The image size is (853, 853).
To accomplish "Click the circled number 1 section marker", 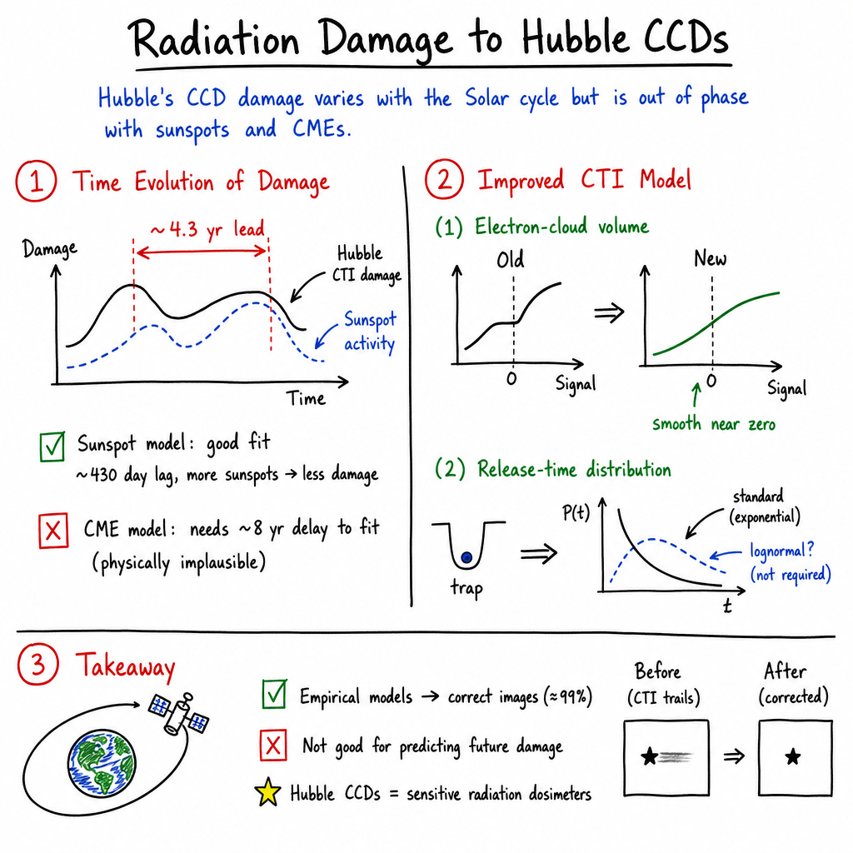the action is [x=36, y=181].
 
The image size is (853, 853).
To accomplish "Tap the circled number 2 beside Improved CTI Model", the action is [x=444, y=180].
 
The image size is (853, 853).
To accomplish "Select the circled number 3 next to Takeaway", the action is [x=37, y=664].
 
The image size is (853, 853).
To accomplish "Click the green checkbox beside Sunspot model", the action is [x=52, y=446].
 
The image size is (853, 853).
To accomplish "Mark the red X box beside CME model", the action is [x=53, y=530].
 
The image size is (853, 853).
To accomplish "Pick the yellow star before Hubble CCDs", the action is [x=267, y=792].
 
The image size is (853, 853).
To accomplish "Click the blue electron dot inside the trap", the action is [x=466, y=557].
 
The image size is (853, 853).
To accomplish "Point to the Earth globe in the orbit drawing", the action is [x=102, y=763].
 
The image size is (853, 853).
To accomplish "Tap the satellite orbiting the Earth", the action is [x=179, y=714].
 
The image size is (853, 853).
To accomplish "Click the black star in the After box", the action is [x=793, y=756].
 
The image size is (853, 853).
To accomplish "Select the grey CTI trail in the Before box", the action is [x=676, y=756].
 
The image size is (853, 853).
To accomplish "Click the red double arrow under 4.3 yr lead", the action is [x=202, y=252].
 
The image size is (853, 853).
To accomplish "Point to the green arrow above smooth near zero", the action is [x=696, y=394].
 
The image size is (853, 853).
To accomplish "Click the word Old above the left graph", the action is [x=511, y=260].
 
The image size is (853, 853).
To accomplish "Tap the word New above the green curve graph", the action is [x=710, y=258].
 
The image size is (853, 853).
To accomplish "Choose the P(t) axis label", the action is [x=576, y=512].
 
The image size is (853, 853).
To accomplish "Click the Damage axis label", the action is [x=49, y=249].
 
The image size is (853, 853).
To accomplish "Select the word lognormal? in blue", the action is [x=781, y=551].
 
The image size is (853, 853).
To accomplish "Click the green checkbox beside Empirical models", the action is [x=274, y=694].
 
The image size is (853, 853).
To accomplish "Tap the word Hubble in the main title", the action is [x=575, y=38].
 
